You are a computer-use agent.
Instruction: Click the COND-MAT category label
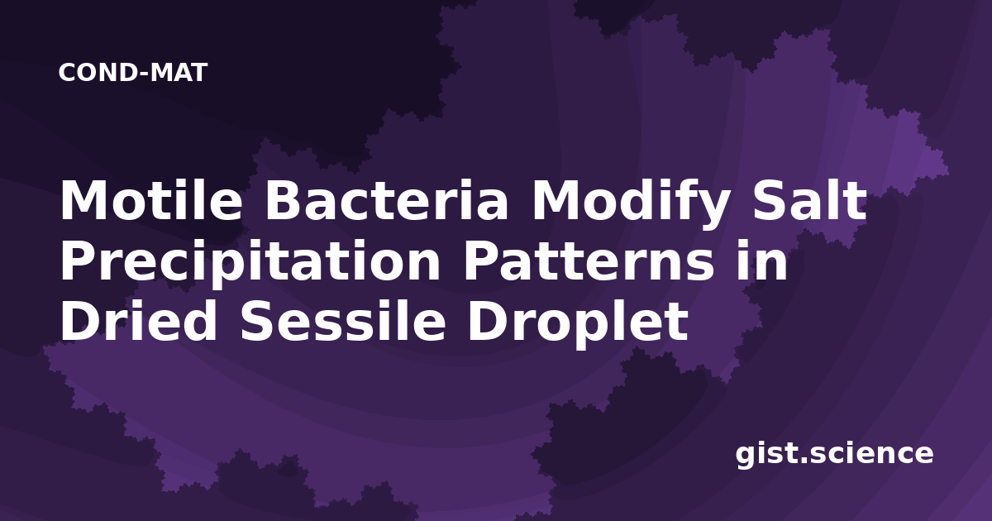[x=133, y=73]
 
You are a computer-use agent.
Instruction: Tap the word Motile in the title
[x=151, y=200]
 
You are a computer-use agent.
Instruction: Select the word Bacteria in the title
[x=386, y=200]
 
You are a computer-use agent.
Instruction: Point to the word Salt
[x=809, y=199]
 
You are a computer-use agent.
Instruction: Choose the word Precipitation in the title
[x=250, y=261]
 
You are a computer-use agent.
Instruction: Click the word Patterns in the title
[x=589, y=260]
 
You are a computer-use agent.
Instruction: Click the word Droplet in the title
[x=578, y=323]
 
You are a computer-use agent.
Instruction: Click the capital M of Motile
[x=83, y=200]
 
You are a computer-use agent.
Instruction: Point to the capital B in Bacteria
[x=284, y=200]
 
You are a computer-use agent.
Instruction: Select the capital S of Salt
[x=770, y=200]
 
